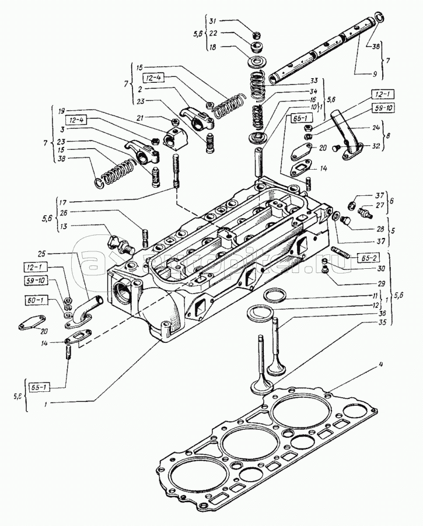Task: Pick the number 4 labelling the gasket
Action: (x=380, y=365)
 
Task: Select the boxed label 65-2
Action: (x=351, y=256)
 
